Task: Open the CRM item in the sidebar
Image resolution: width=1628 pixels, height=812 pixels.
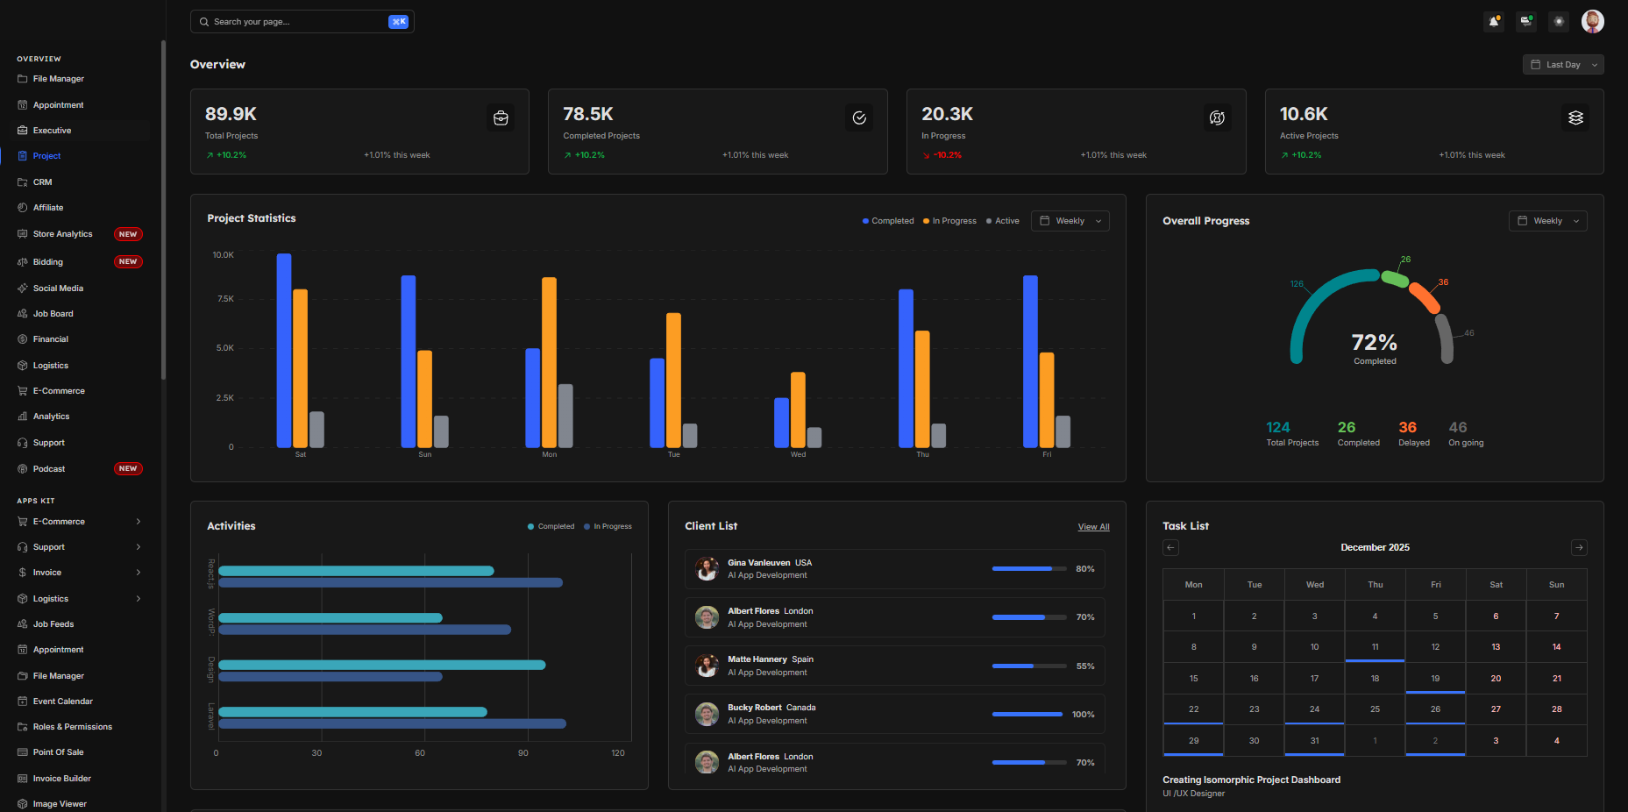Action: [42, 182]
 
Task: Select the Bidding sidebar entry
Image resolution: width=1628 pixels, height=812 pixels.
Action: [48, 262]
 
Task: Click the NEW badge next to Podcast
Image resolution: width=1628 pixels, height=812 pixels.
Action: [128, 469]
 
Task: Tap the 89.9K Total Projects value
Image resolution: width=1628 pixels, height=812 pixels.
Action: [231, 114]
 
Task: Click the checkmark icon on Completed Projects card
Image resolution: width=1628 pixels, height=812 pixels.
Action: [859, 118]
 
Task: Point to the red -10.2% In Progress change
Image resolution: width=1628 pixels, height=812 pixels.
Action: [947, 155]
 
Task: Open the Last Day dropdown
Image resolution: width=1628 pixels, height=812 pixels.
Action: [1562, 65]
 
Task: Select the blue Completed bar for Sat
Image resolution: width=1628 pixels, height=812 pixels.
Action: [284, 351]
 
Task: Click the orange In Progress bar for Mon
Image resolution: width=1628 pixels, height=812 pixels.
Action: [549, 362]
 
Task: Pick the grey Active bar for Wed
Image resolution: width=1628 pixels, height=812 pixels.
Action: [814, 437]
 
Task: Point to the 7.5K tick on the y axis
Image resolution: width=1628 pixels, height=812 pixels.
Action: [225, 299]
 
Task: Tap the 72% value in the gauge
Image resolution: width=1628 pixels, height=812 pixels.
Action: [1374, 342]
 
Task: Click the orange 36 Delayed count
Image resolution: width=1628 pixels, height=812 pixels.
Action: [1407, 428]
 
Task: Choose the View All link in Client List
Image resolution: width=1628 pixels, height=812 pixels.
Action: [1093, 527]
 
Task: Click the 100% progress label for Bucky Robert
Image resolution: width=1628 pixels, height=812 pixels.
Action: [1083, 715]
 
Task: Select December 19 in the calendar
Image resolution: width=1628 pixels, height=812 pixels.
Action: [1435, 679]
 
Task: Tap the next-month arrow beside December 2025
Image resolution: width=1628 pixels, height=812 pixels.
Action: [1579, 548]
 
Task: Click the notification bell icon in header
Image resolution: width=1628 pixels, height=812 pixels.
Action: [1494, 22]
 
